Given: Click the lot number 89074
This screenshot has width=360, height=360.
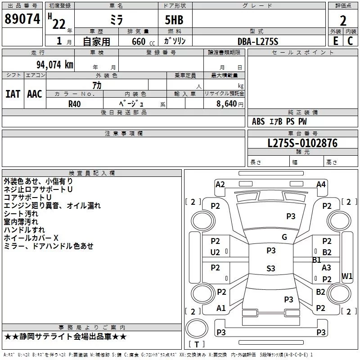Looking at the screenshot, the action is tap(22, 19).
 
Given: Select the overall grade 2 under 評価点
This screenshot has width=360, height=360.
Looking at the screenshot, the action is tap(343, 21).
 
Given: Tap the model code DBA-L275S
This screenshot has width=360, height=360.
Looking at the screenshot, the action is tap(258, 41).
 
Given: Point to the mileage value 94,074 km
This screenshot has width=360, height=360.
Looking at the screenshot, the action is tap(55, 65).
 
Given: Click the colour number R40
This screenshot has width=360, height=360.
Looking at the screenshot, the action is tap(74, 104).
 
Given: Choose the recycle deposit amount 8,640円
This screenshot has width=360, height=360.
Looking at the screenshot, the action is tap(230, 104).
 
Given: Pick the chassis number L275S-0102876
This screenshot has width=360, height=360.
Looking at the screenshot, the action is tap(302, 143).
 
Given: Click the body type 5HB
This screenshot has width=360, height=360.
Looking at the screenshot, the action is tap(174, 20).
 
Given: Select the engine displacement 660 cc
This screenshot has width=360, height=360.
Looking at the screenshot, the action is tap(143, 42).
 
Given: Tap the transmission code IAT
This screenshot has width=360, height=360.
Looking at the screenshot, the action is tap(13, 94).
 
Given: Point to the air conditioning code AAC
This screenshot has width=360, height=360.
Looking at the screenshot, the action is tap(35, 94).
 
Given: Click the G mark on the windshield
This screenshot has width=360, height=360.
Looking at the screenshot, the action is tap(284, 237).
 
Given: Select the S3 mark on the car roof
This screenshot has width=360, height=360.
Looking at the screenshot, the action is tap(271, 268).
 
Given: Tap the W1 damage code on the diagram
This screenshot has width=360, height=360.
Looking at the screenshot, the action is tap(347, 276).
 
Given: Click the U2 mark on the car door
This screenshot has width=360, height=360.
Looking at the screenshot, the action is tap(215, 252).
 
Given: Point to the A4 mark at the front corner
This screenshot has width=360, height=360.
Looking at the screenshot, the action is tap(321, 184).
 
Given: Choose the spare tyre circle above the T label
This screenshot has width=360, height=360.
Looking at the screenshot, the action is tap(197, 328).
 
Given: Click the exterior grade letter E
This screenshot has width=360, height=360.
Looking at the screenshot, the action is tap(336, 41).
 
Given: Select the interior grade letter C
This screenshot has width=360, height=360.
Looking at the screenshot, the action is tap(350, 41).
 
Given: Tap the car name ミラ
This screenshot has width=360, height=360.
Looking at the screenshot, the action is tap(117, 20).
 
